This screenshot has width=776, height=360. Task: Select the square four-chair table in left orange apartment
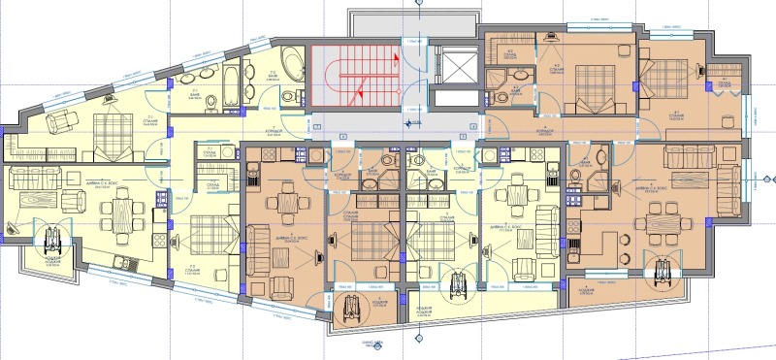(286, 204)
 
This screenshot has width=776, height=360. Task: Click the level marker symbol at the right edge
(766, 180)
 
